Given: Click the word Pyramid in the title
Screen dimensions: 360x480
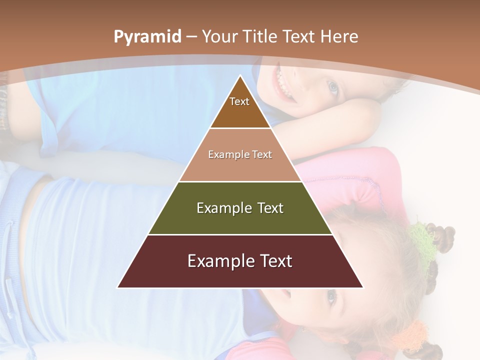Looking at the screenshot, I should coord(147,37).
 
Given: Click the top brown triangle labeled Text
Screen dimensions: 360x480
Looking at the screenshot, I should coord(240,107).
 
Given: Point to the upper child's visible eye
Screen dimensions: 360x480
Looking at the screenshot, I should coord(332,88).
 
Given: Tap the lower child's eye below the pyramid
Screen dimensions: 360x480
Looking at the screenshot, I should coord(331,297).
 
